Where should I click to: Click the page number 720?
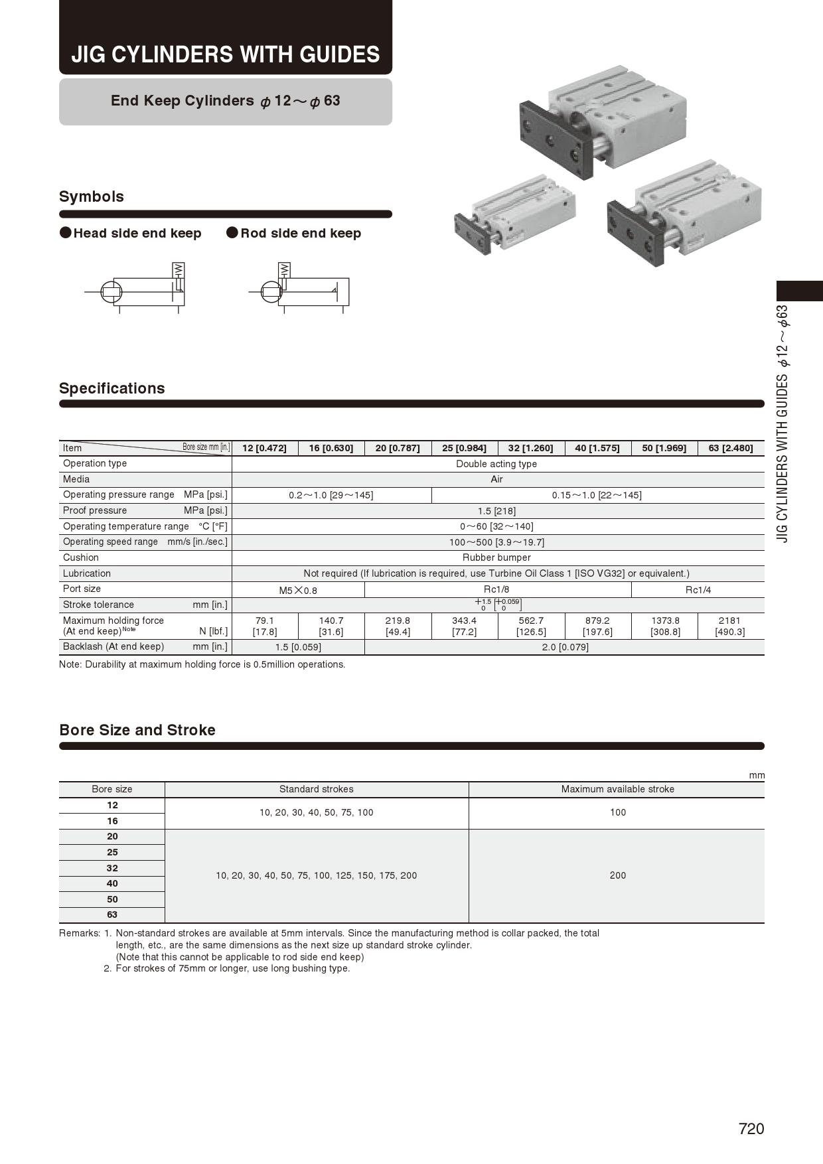point(751,1129)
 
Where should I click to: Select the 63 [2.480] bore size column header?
point(730,448)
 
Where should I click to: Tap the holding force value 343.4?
point(464,620)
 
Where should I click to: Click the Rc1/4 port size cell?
point(698,589)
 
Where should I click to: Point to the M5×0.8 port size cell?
point(298,590)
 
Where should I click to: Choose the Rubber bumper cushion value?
point(496,557)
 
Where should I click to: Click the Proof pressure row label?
point(95,510)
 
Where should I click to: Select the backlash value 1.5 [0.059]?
point(298,647)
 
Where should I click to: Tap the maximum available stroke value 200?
point(617,875)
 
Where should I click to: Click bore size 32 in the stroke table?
point(112,868)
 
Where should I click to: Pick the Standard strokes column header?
point(316,789)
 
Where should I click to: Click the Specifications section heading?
point(112,388)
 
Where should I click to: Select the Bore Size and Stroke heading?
point(137,730)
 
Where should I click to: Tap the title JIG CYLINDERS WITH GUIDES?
point(226,54)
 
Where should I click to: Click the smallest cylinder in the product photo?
point(514,214)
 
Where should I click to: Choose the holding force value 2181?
point(729,620)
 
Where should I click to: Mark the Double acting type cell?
point(496,464)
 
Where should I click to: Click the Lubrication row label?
point(87,573)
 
